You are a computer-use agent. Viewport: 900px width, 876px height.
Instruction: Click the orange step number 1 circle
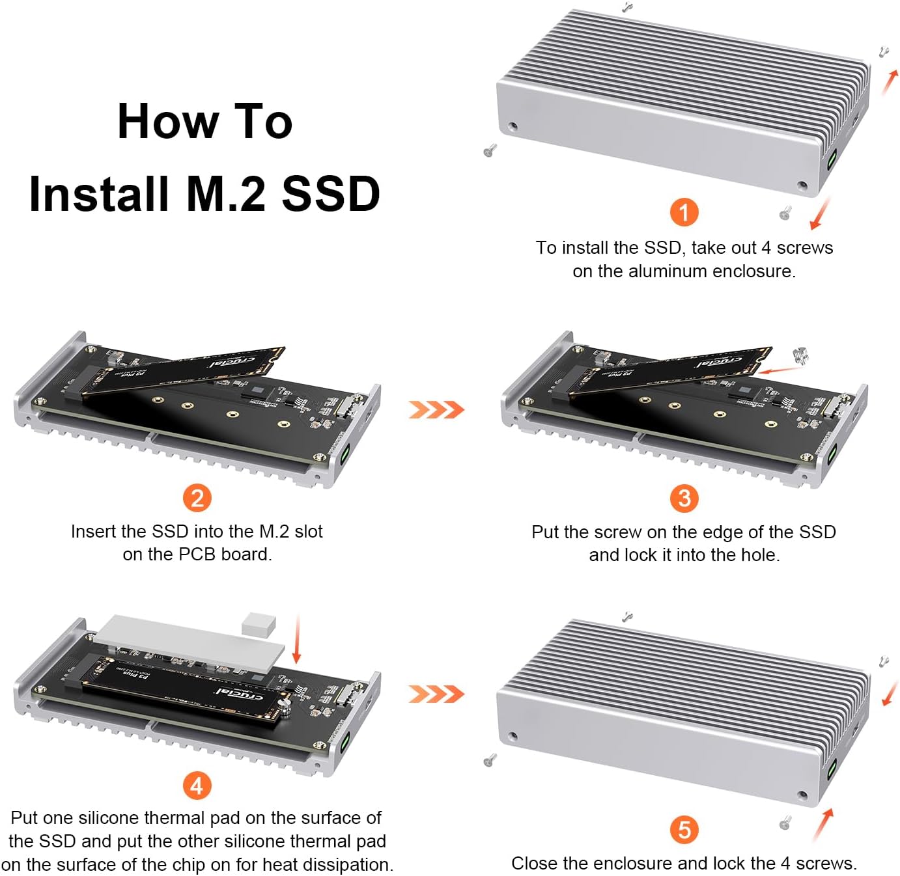[x=684, y=212]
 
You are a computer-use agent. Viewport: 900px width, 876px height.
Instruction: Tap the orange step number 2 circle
[x=197, y=499]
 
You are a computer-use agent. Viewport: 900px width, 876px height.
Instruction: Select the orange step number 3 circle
[x=684, y=499]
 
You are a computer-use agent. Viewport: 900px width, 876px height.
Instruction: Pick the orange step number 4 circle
[x=197, y=786]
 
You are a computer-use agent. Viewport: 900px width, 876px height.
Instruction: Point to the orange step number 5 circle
[x=684, y=830]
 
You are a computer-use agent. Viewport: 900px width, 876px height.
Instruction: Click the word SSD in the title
[x=331, y=194]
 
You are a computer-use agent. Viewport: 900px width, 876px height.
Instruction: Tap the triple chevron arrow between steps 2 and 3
[x=436, y=409]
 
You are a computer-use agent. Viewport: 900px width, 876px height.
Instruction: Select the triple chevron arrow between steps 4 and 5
[x=436, y=694]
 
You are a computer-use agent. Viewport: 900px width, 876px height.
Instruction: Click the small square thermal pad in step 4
[x=258, y=623]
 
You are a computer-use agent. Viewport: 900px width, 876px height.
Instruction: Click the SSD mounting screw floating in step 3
[x=800, y=356]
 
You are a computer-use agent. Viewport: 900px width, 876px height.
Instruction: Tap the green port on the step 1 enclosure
[x=833, y=159]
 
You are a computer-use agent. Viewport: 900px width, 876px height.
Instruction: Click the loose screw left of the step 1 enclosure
[x=490, y=151]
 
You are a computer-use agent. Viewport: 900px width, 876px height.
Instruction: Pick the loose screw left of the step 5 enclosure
[x=490, y=760]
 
